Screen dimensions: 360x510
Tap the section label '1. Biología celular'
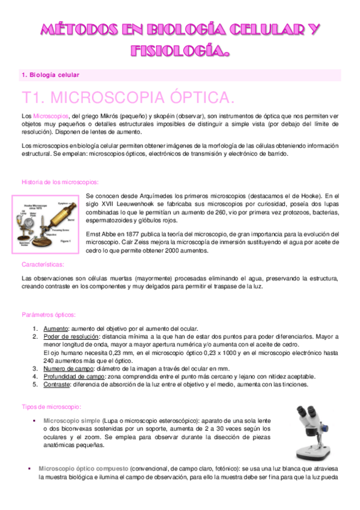(x=50, y=75)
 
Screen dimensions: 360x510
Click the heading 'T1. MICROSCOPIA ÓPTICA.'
(x=127, y=98)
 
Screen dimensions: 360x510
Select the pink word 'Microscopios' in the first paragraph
(x=51, y=115)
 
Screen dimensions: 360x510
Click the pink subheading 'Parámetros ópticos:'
(x=48, y=315)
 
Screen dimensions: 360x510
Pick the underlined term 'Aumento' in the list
(x=55, y=328)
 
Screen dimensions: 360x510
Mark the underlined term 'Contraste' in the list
(x=57, y=384)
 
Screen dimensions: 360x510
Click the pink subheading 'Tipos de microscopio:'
(x=47, y=407)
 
